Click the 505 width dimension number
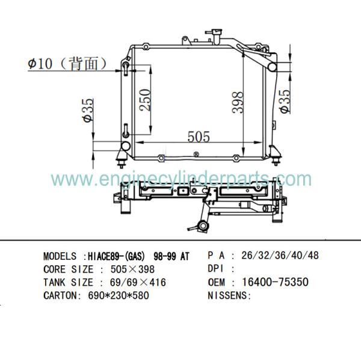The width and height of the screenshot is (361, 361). [199, 137]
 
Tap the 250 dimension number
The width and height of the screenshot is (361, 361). [145, 97]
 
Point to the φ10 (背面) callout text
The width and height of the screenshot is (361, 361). [67, 62]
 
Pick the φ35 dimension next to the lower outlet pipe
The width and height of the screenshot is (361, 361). [88, 111]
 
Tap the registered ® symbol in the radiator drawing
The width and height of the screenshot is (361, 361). [197, 154]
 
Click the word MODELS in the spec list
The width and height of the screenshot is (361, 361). [60, 256]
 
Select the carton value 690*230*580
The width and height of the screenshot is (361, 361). [116, 295]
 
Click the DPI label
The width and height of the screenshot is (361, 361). [216, 268]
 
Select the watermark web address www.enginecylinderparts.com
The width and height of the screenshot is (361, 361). [180, 179]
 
